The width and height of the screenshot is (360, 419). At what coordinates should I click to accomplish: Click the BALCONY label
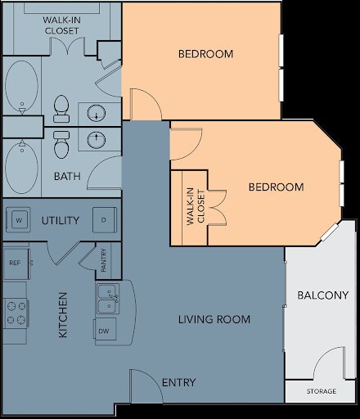(x=322, y=295)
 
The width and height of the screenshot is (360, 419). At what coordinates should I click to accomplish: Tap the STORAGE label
(x=321, y=392)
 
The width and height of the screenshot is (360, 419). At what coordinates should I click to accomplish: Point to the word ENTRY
(x=178, y=382)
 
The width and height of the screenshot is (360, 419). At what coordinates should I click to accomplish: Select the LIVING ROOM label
(x=214, y=318)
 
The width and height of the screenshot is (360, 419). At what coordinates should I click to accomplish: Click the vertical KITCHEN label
(x=62, y=314)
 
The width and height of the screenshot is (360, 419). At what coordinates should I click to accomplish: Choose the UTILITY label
(x=60, y=221)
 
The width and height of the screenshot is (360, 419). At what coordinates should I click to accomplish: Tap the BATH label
(x=66, y=176)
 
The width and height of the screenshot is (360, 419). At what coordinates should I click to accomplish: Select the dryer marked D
(x=103, y=220)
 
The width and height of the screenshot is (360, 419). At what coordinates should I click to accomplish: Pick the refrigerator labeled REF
(x=15, y=263)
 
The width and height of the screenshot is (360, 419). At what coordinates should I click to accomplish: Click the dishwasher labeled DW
(x=104, y=331)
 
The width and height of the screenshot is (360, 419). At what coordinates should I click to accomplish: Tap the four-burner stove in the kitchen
(x=15, y=312)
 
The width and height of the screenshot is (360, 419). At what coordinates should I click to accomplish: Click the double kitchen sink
(x=107, y=300)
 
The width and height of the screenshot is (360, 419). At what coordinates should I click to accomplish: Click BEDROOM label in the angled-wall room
(x=276, y=187)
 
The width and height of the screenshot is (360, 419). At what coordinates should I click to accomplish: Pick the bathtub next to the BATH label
(x=20, y=168)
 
